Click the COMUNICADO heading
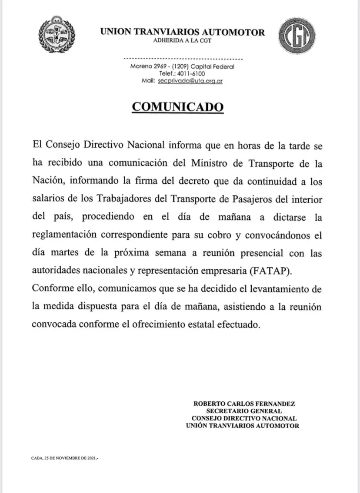point(178,107)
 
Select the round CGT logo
point(297,35)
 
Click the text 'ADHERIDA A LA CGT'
point(182,40)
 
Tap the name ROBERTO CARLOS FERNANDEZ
point(244,404)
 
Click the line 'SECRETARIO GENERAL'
point(244,411)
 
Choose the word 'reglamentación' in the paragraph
point(65,235)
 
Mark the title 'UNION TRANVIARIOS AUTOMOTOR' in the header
point(182,32)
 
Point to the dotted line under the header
point(183,58)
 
